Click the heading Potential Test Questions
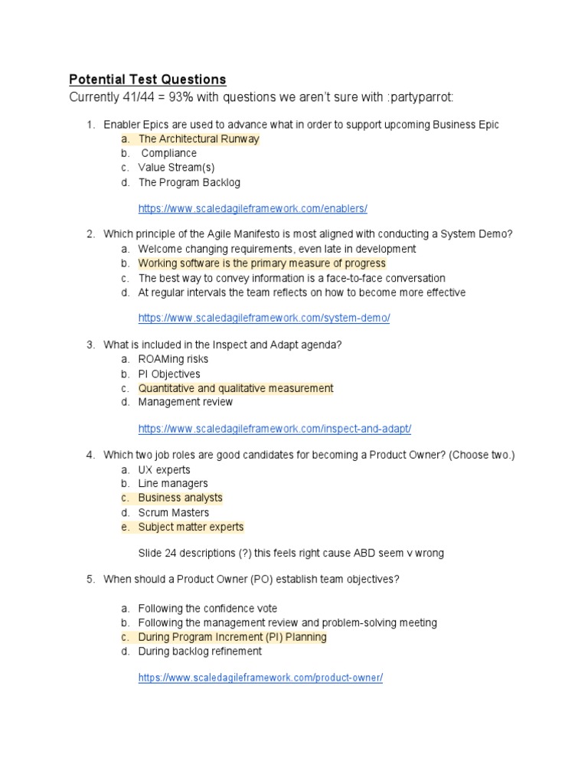pos(148,80)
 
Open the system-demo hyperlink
pos(264,318)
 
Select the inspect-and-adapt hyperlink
pos(280,429)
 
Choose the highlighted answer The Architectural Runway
pos(198,139)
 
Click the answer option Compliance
pos(168,153)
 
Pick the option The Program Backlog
pos(189,182)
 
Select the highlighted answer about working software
pos(262,263)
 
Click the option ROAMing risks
pos(173,359)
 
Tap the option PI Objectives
pos(169,374)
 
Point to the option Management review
pos(185,402)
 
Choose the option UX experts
pos(164,469)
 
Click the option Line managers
pos(173,484)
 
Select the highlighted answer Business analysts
pos(180,498)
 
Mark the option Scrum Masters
pos(174,512)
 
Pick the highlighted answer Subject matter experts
pos(191,527)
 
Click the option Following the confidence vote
pos(207,608)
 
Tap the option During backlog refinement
pos(200,651)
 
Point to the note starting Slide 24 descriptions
pos(291,553)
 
